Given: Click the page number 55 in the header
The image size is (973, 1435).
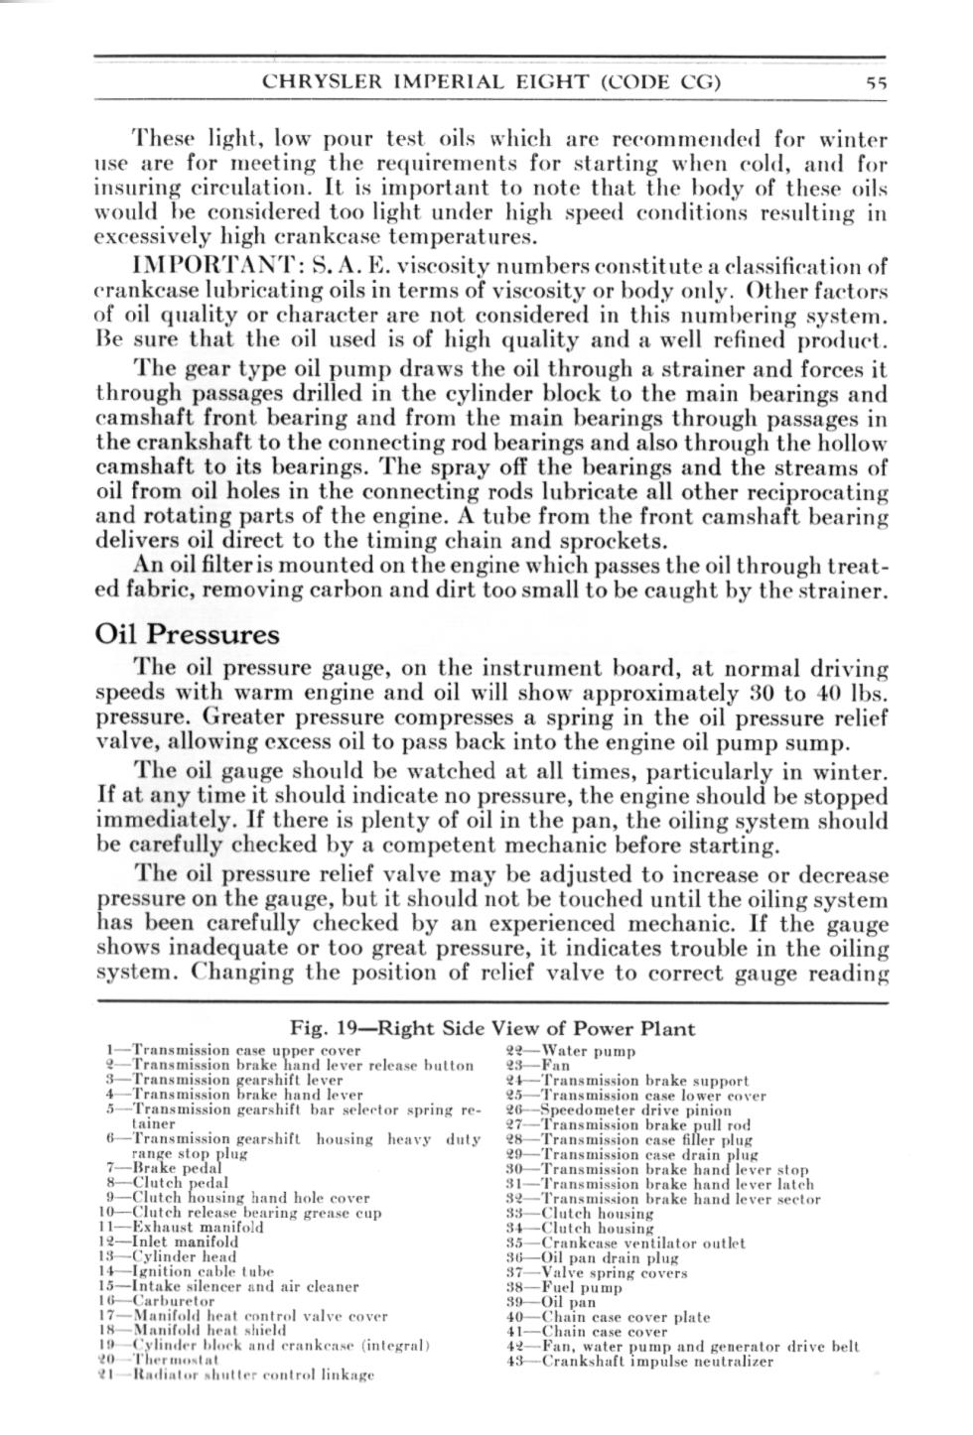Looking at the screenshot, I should pyautogui.click(x=875, y=83).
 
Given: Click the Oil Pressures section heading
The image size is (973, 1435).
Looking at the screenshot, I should pyautogui.click(x=188, y=634).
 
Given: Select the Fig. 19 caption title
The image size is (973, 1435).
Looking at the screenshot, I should pyautogui.click(x=492, y=1028).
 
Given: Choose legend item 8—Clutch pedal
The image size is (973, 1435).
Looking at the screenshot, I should pyautogui.click(x=165, y=1183).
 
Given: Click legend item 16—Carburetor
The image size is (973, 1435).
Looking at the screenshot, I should pyautogui.click(x=156, y=1300).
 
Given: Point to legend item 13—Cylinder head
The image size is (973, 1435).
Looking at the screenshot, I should pyautogui.click(x=168, y=1256).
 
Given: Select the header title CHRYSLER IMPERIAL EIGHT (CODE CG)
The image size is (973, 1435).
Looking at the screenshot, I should pyautogui.click(x=490, y=83).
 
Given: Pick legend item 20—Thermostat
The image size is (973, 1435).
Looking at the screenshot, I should pyautogui.click(x=148, y=1359).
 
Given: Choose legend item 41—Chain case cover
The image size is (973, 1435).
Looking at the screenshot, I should pyautogui.click(x=587, y=1332).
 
